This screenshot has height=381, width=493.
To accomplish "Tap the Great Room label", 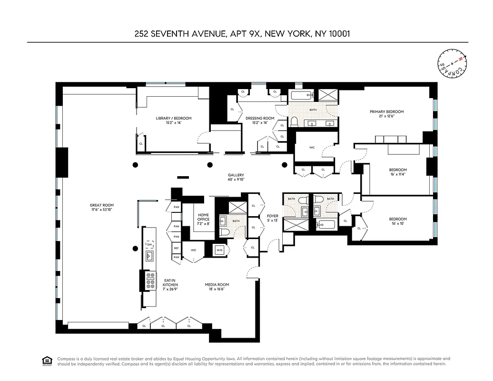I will (x=102, y=208).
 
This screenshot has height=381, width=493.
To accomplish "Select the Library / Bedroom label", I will (x=174, y=120).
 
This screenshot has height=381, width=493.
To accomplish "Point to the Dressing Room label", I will (x=260, y=120).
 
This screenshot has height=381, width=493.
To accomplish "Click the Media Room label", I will (x=214, y=287).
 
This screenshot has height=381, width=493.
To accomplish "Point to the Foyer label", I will (x=272, y=218).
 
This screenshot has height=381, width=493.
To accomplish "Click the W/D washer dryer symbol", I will (x=220, y=250).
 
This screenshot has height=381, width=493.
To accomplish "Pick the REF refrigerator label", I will (x=176, y=248).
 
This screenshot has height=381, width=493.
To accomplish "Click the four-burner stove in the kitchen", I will (x=151, y=281).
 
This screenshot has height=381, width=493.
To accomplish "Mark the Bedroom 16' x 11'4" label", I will (x=398, y=172).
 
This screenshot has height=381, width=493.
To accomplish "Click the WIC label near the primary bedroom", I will (x=312, y=148).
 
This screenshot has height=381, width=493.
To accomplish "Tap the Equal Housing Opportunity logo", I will (x=47, y=361).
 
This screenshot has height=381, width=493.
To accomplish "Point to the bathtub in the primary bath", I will (x=301, y=95).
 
